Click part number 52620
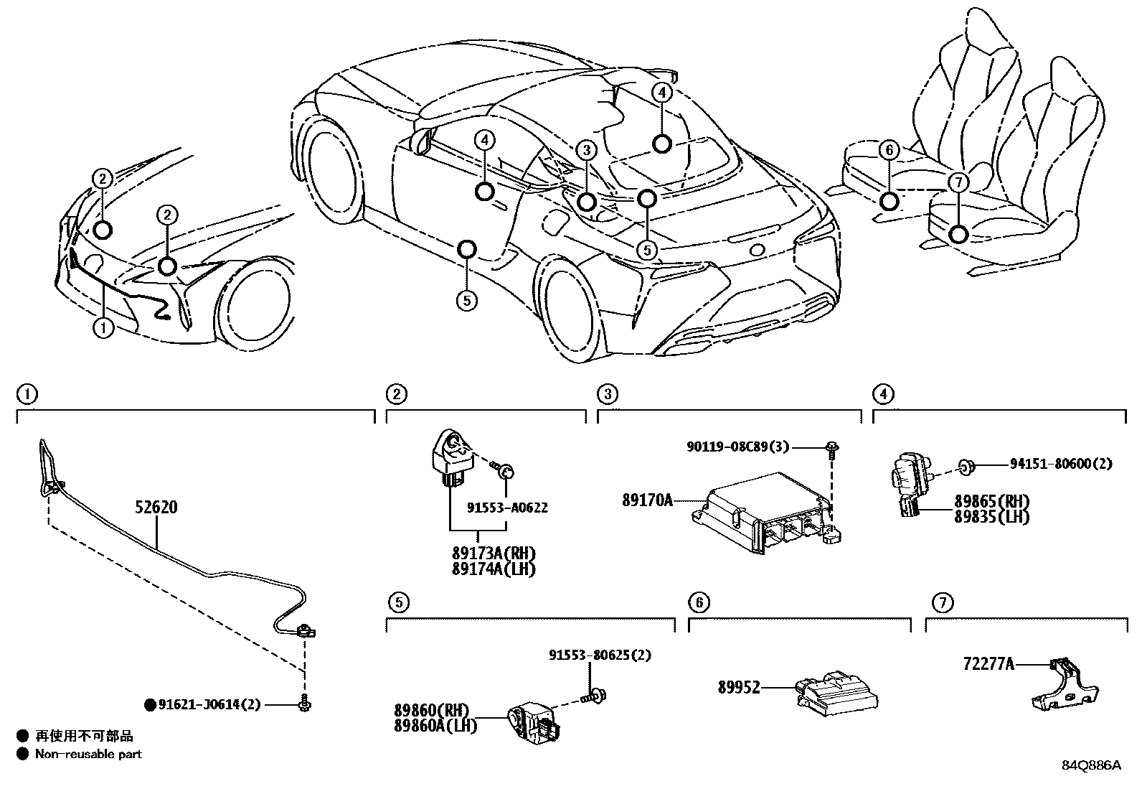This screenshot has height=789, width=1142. click(156, 508)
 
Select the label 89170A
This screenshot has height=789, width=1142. click(647, 500)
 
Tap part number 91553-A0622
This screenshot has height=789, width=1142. click(507, 508)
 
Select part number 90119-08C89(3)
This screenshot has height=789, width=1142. click(737, 447)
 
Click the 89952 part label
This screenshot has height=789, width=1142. click(738, 687)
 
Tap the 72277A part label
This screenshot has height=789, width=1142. click(988, 665)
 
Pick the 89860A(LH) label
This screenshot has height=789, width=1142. click(435, 725)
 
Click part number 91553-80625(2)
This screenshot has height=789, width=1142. click(600, 655)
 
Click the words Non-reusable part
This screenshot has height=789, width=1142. click(88, 754)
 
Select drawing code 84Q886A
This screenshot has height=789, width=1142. click(1090, 765)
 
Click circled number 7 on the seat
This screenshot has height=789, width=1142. click(958, 182)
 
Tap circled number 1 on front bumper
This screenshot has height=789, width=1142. click(103, 329)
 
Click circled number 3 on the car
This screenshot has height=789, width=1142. click(586, 150)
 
